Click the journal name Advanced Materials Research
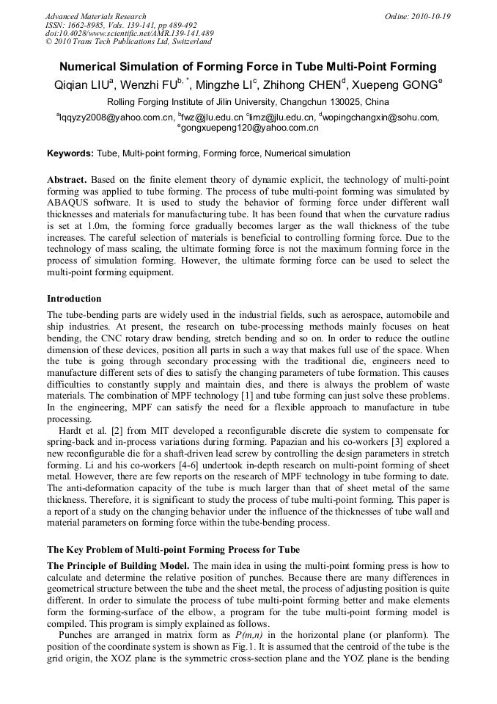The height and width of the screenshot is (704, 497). (95, 16)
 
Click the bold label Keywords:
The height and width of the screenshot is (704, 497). (70, 153)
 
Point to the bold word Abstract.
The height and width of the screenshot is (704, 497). (67, 180)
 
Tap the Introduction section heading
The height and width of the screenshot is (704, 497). (74, 299)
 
